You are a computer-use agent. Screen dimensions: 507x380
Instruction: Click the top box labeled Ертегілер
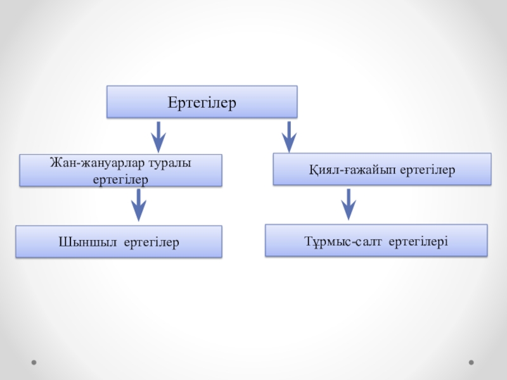point(202,102)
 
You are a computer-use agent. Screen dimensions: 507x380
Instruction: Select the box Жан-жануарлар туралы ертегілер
point(120,170)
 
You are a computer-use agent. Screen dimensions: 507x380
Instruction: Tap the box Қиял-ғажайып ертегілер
point(382,169)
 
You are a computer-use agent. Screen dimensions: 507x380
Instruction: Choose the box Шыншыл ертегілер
point(119,241)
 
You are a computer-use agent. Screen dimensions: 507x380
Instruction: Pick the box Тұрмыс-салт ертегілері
point(376,240)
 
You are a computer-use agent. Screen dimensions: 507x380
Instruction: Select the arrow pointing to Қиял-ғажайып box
point(289,136)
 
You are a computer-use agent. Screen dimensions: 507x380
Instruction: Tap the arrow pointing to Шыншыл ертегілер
point(138,205)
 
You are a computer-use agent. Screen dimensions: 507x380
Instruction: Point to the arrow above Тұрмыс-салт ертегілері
point(348,205)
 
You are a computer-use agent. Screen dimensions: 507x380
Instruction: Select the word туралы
point(169,163)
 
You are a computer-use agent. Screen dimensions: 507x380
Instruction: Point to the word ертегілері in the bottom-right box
point(418,241)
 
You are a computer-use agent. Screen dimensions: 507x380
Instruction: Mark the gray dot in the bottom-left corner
point(34,363)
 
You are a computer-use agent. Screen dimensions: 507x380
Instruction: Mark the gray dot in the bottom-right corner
point(471,363)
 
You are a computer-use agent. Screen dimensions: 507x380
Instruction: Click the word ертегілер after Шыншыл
point(151,242)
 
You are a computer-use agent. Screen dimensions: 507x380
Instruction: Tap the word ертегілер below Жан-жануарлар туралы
point(120,179)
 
